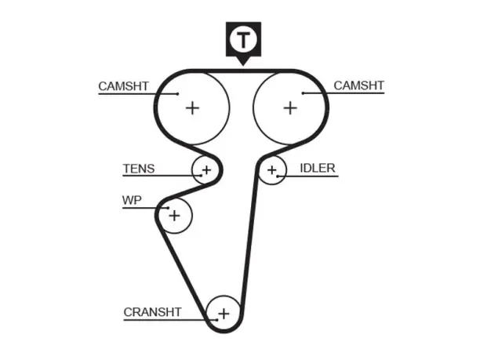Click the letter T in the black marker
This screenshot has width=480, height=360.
point(243,40)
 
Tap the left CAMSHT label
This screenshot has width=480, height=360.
point(123,86)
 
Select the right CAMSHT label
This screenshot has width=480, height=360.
point(358,85)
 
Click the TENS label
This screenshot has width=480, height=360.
point(139,169)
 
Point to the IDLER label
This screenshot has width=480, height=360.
point(318,168)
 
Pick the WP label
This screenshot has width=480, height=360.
point(132,200)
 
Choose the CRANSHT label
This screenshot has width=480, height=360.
point(152,312)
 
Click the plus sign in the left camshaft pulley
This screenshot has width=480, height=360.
point(193,108)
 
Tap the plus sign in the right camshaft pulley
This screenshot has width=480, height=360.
point(290,108)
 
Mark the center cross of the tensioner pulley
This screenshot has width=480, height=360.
point(206,170)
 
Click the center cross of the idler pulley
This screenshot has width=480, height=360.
point(272,170)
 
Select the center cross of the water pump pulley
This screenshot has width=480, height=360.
point(174,216)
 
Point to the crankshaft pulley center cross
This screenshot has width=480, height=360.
point(224,314)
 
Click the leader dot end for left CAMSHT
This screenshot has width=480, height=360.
point(177,94)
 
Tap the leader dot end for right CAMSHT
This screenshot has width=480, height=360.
point(303,93)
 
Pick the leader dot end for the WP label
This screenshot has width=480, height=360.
point(168,208)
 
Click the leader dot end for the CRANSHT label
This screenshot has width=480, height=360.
point(216,320)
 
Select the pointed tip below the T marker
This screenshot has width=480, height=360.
point(243,66)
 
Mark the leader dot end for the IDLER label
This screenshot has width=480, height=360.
point(278,176)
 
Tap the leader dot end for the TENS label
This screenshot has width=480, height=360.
point(201,176)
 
